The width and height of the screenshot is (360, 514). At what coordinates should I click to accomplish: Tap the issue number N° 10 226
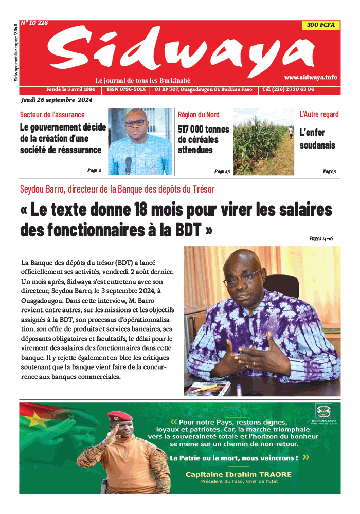tap(34, 23)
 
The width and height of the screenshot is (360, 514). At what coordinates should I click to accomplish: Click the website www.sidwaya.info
tap(311, 77)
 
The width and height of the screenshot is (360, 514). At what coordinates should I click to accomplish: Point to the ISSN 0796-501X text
tap(127, 89)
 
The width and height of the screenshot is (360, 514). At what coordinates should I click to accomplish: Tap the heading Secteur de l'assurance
tap(52, 115)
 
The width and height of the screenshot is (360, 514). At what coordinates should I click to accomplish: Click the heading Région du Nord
tap(199, 115)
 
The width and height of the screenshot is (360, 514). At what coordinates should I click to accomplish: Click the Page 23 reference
tap(222, 171)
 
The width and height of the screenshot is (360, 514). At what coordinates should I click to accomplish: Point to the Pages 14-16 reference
tap(321, 238)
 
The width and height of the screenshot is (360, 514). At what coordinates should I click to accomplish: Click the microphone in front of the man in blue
tap(129, 164)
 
